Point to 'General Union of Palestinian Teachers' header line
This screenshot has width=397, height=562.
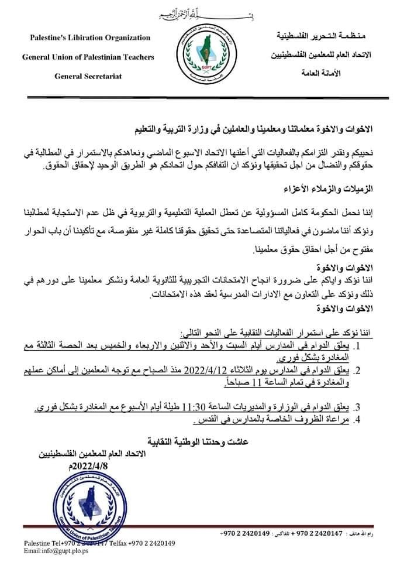(88, 57)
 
